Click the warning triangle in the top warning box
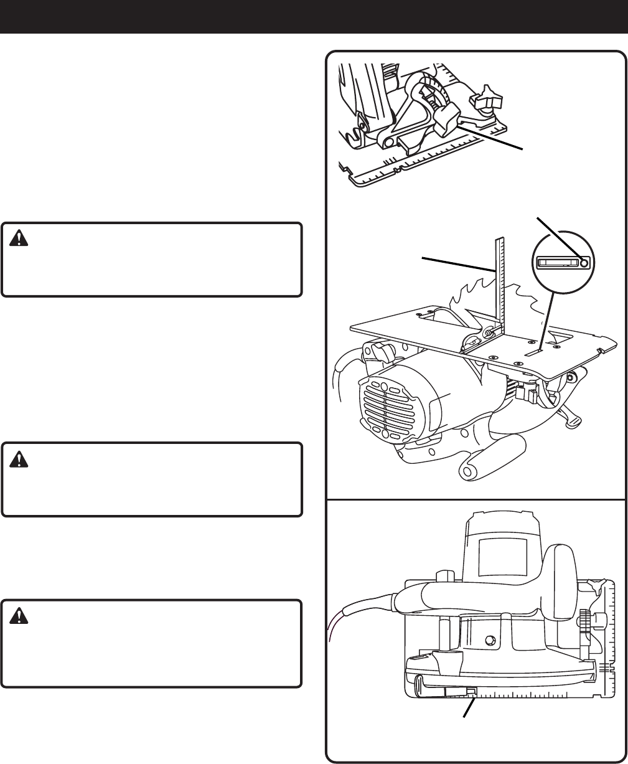(x=17, y=237)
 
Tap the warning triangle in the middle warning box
(x=17, y=458)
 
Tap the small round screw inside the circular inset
(x=583, y=263)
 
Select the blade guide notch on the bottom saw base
(x=471, y=692)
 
